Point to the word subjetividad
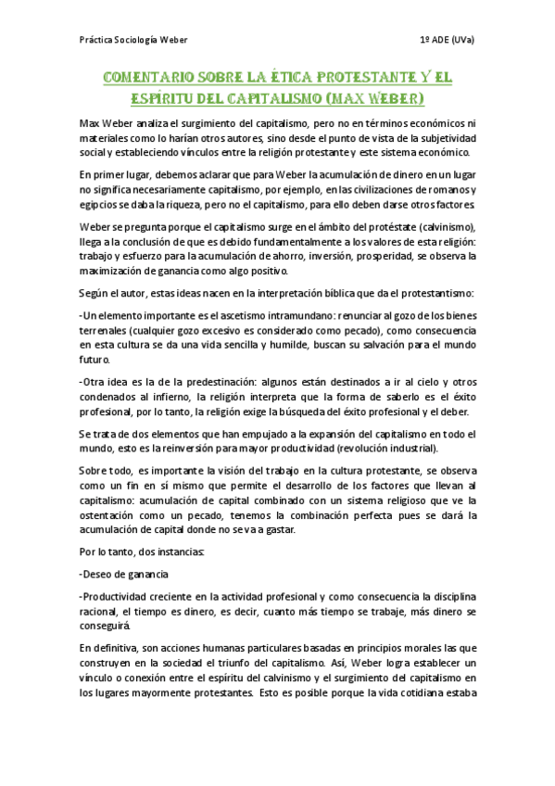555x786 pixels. tap(435, 138)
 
